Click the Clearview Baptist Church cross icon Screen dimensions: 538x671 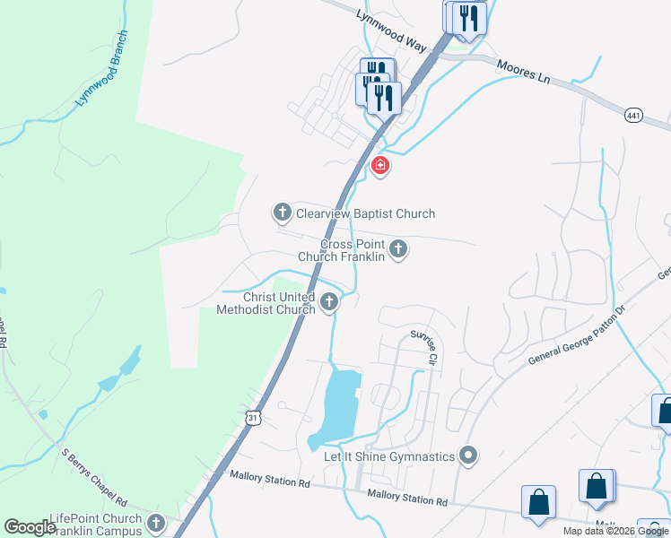pyautogui.click(x=282, y=213)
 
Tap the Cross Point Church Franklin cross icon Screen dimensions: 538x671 pyautogui.click(x=397, y=248)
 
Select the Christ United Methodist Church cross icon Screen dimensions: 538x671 pyautogui.click(x=329, y=302)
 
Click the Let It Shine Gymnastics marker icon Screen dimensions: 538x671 pyautogui.click(x=466, y=456)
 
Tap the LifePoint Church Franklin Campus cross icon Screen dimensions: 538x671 pyautogui.click(x=156, y=523)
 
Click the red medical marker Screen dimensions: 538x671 pyautogui.click(x=380, y=165)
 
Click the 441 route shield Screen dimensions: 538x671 pyautogui.click(x=634, y=114)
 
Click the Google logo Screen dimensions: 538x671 pyautogui.click(x=30, y=527)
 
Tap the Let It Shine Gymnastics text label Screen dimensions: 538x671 pyautogui.click(x=389, y=457)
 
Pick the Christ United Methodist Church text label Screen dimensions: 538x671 pyautogui.click(x=266, y=303)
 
